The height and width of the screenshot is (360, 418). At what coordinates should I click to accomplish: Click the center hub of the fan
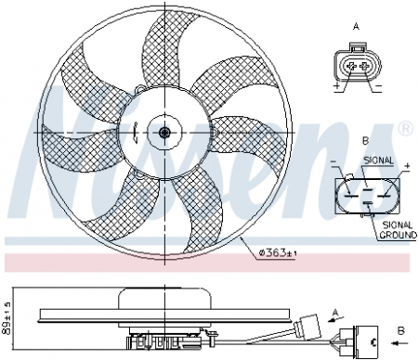(164, 133)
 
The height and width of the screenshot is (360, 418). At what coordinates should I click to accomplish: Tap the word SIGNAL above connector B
(378, 160)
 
